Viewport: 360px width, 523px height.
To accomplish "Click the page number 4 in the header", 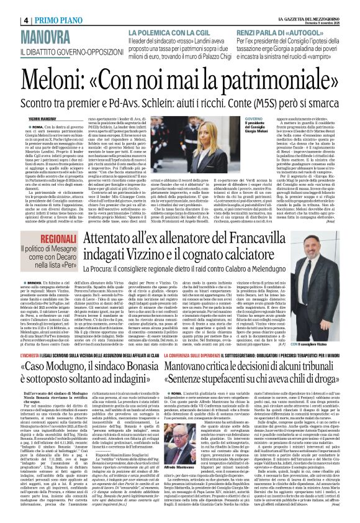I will point(9,7).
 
